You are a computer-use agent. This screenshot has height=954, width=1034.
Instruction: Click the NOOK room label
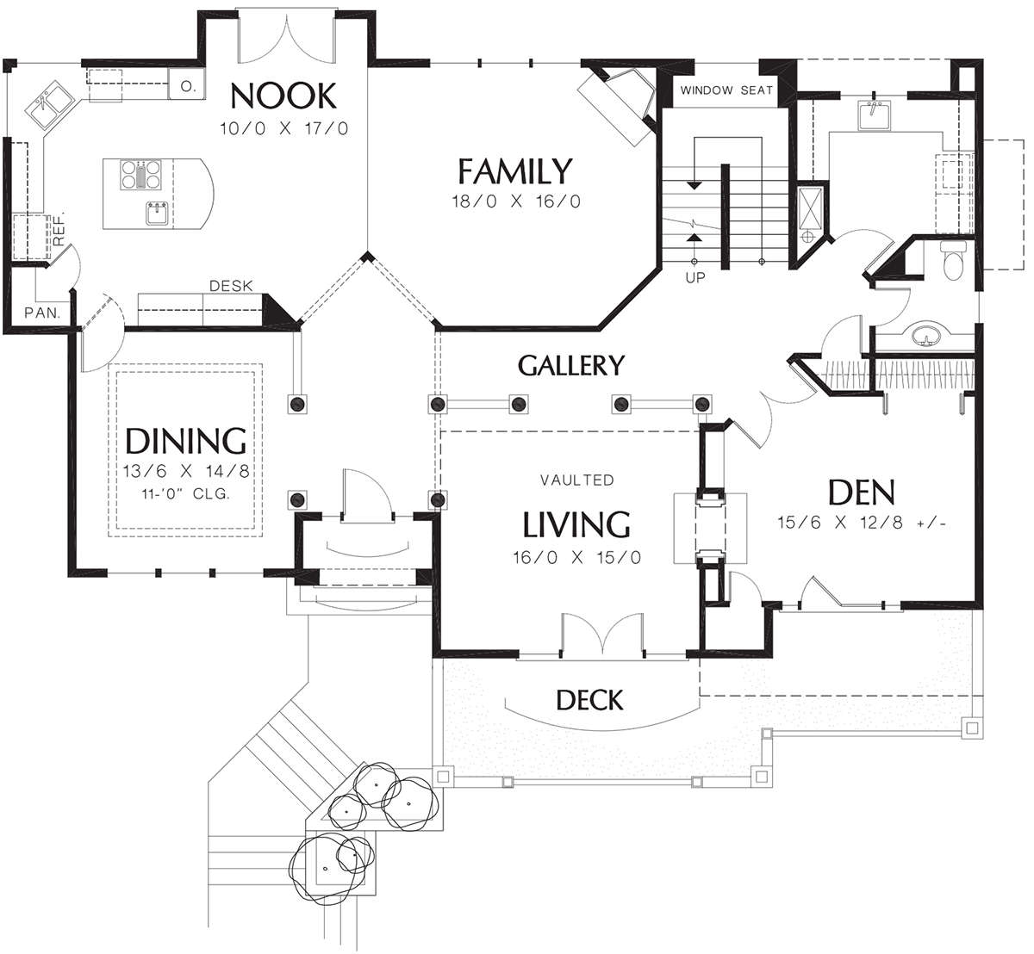tap(283, 96)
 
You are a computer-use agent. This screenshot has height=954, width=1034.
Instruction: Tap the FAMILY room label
tap(515, 171)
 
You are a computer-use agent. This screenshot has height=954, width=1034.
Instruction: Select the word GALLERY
tap(570, 365)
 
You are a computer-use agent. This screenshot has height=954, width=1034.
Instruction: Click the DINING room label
tap(186, 441)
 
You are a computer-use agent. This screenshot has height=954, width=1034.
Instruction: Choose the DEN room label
tap(861, 492)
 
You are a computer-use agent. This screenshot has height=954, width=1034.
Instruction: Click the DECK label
tap(589, 700)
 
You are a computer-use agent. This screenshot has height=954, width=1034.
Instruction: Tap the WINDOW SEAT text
tap(726, 90)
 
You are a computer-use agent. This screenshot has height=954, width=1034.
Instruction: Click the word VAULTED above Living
tap(576, 480)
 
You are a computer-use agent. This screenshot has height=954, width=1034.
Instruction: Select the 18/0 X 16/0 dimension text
tap(516, 201)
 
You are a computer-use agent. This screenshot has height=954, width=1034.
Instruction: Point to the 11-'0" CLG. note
tap(185, 493)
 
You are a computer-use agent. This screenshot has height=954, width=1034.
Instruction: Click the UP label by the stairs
tap(695, 278)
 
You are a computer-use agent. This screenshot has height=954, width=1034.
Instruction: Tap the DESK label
tap(231, 286)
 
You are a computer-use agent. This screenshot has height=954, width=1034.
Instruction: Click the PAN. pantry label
tap(43, 313)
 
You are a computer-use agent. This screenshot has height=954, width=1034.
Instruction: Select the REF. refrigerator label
tap(59, 228)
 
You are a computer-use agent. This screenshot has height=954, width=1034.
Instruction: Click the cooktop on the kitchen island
tap(140, 174)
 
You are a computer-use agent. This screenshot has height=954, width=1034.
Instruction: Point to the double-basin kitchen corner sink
tap(51, 108)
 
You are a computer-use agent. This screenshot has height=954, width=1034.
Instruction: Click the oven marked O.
tap(186, 85)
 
